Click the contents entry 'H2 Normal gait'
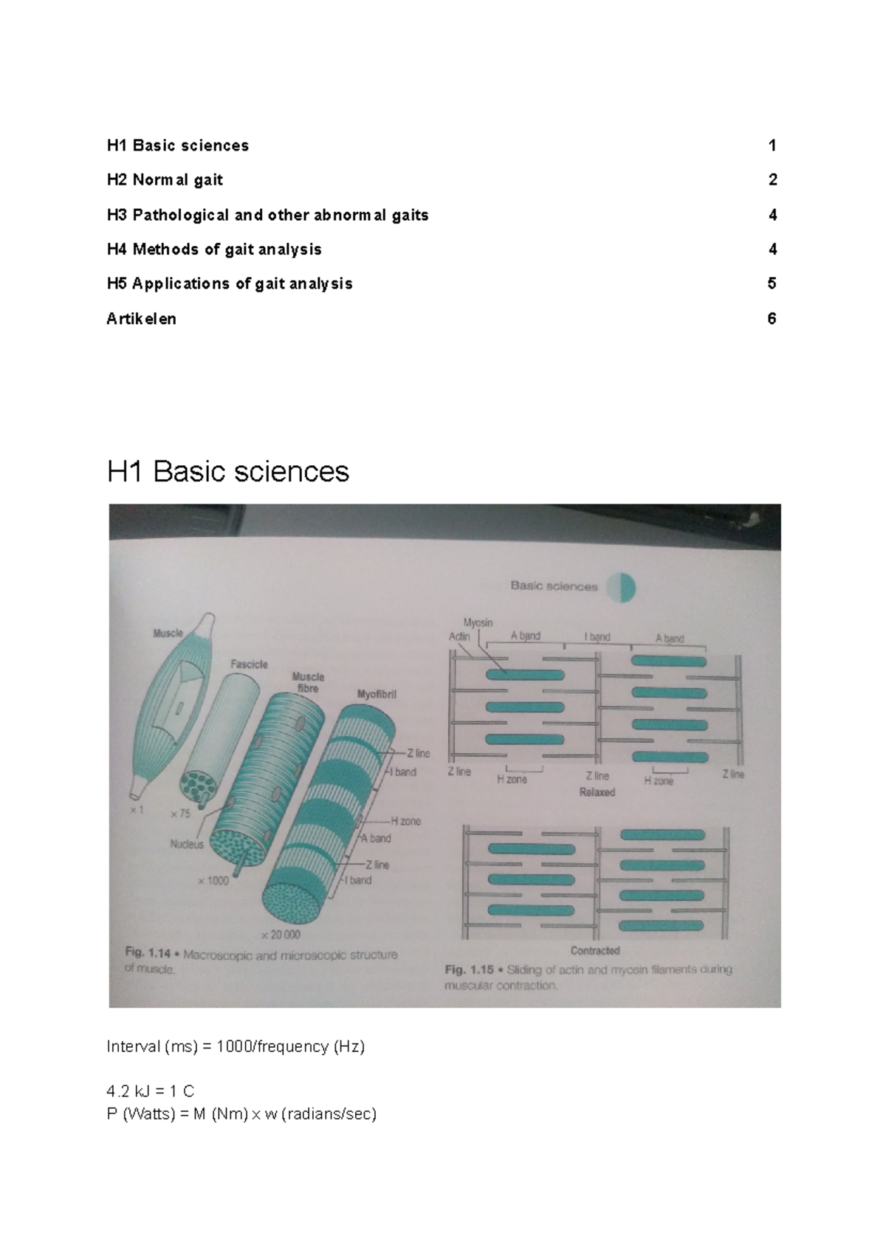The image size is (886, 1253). pyautogui.click(x=165, y=180)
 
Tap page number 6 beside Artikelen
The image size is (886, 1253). pyautogui.click(x=772, y=319)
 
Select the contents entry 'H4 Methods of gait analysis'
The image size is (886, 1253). pyautogui.click(x=214, y=250)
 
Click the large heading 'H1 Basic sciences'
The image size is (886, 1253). pyautogui.click(x=227, y=471)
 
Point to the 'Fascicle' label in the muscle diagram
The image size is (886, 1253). pyautogui.click(x=249, y=664)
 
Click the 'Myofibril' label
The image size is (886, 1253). pyautogui.click(x=377, y=694)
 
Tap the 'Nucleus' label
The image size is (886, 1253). pyautogui.click(x=187, y=844)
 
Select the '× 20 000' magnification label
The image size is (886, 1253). pyautogui.click(x=281, y=934)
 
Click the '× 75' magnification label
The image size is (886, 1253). pyautogui.click(x=180, y=814)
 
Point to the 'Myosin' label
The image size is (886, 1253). pyautogui.click(x=478, y=623)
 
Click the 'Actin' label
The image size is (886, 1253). pyautogui.click(x=459, y=636)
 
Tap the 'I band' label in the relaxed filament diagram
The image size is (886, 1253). pyautogui.click(x=597, y=636)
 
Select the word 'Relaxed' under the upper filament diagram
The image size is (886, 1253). pyautogui.click(x=597, y=792)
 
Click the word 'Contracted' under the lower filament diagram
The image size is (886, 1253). pyautogui.click(x=595, y=950)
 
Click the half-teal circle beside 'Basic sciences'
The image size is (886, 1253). pyautogui.click(x=621, y=587)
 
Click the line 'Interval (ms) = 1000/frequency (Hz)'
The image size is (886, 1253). pyautogui.click(x=236, y=1046)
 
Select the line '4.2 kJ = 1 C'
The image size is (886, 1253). pyautogui.click(x=151, y=1091)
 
